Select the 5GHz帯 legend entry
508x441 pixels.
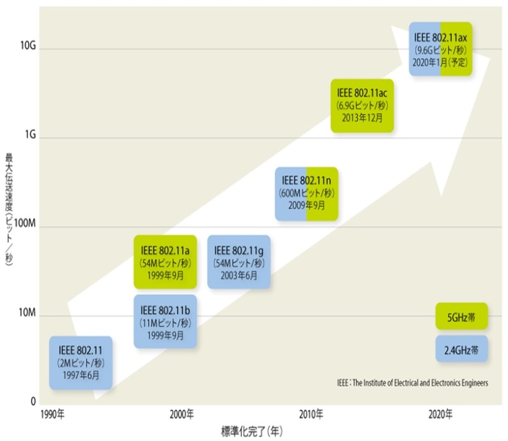pos(461,316)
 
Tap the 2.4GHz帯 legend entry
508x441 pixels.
pos(461,349)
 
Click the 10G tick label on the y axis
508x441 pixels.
pos(28,46)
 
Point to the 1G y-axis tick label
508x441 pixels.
pos(30,136)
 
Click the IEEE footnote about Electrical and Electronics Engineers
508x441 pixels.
pos(412,383)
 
